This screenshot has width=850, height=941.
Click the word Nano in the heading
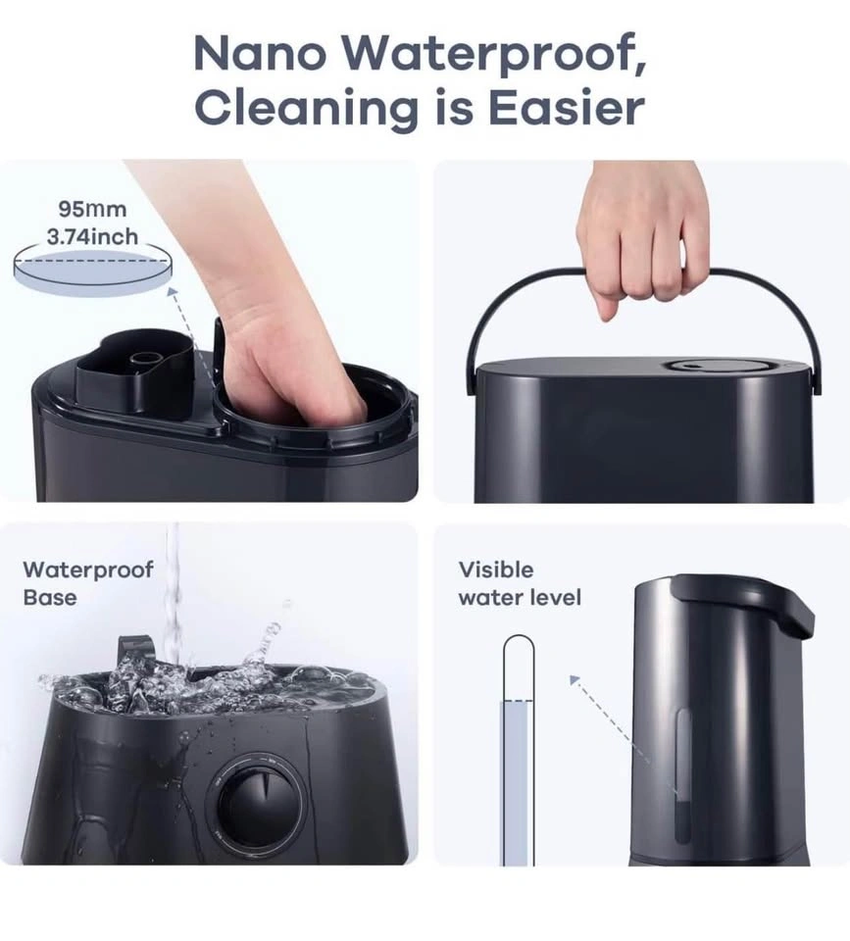click(261, 53)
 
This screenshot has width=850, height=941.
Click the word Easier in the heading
click(567, 108)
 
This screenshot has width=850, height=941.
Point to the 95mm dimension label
click(92, 210)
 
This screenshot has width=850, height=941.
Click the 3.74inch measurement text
click(92, 237)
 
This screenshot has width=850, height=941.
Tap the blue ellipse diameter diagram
click(92, 271)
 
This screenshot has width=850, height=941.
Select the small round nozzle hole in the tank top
click(144, 360)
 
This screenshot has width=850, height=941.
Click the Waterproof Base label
click(87, 583)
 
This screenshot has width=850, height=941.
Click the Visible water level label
click(520, 583)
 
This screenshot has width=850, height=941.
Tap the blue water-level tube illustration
click(518, 750)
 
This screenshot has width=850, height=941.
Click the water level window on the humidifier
click(682, 775)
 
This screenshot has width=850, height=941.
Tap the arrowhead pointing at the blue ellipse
click(173, 292)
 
